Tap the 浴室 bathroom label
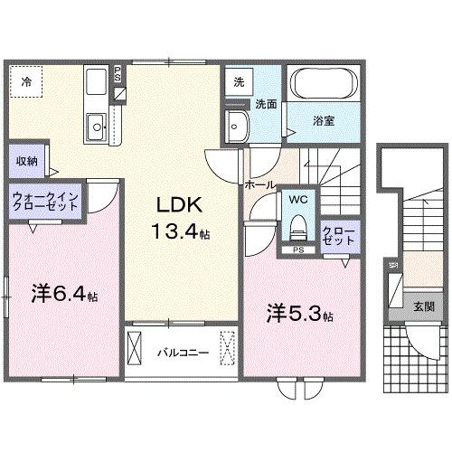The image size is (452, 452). pos(325,120)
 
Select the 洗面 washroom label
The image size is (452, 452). pos(265,103)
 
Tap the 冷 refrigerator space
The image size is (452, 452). pos(26,82)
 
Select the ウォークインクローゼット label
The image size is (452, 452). pos(45,201)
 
